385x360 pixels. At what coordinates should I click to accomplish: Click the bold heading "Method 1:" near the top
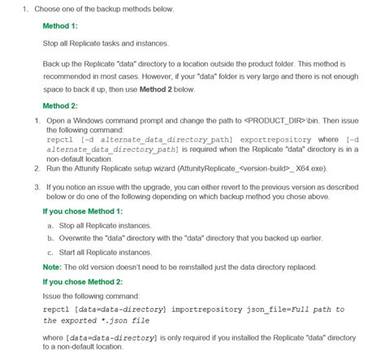59,25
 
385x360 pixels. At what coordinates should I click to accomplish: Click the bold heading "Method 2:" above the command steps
59,106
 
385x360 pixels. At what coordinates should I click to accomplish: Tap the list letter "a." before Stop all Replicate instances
51,224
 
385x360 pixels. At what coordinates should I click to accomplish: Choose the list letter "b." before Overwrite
51,238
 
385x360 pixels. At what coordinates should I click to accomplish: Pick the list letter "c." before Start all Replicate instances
51,253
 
